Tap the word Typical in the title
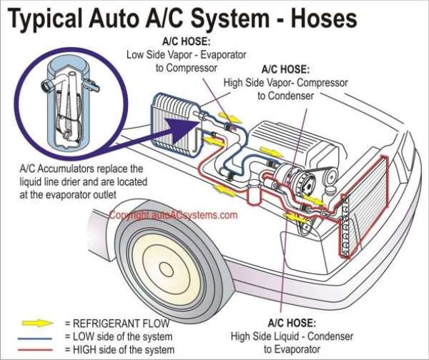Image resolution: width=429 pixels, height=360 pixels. (49, 19)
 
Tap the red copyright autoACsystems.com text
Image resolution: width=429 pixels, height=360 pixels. (173, 214)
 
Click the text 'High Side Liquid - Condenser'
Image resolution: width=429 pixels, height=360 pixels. (285, 336)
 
